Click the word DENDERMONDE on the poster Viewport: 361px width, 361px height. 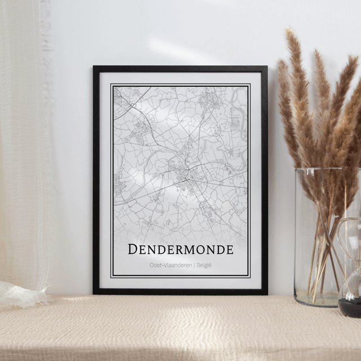pyautogui.click(x=180, y=249)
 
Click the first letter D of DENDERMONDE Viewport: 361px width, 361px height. pyautogui.click(x=133, y=249)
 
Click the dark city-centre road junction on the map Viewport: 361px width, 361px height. pyautogui.click(x=184, y=169)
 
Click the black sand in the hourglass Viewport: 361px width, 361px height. pyautogui.click(x=349, y=307)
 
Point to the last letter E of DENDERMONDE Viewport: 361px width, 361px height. pyautogui.click(x=228, y=249)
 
